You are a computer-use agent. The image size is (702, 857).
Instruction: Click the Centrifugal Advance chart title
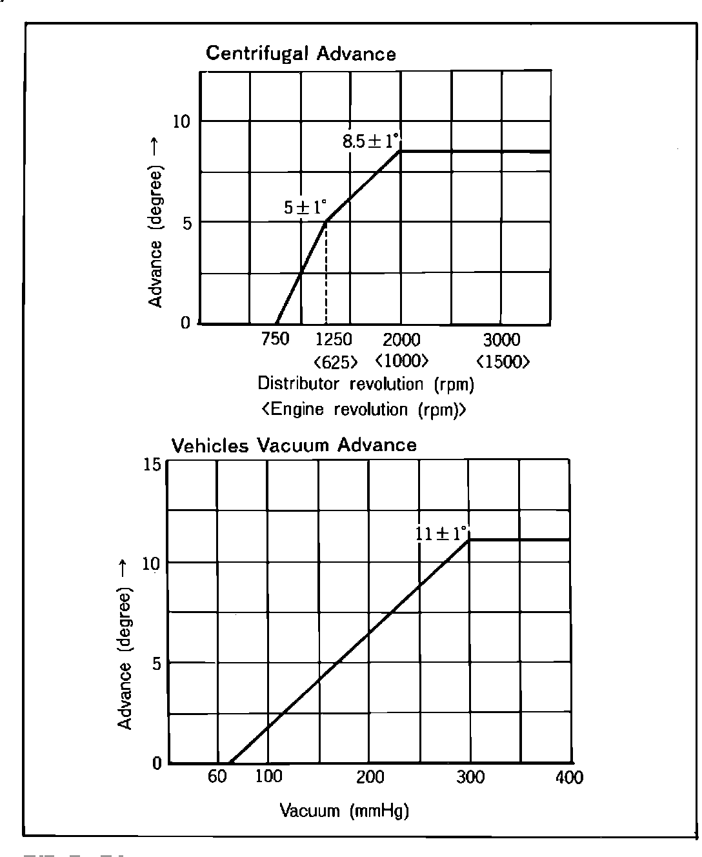pyautogui.click(x=301, y=54)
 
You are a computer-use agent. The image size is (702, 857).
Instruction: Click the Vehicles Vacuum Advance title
pyautogui.click(x=294, y=445)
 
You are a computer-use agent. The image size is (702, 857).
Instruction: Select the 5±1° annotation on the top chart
pyautogui.click(x=305, y=208)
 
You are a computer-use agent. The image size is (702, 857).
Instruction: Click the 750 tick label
pyautogui.click(x=276, y=339)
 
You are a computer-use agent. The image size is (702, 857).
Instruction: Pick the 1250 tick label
pyautogui.click(x=334, y=339)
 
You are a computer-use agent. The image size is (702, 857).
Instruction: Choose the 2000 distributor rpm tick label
pyautogui.click(x=401, y=339)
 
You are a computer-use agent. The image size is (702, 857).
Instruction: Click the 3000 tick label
pyautogui.click(x=502, y=339)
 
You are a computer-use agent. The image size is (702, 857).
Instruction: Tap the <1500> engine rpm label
pyautogui.click(x=503, y=361)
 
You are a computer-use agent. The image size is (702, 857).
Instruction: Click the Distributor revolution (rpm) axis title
pyautogui.click(x=366, y=384)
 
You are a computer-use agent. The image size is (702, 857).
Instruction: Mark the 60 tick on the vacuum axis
pyautogui.click(x=217, y=777)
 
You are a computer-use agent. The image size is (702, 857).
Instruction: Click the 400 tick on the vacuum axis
pyautogui.click(x=569, y=777)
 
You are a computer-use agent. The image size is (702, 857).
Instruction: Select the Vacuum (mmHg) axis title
pyautogui.click(x=345, y=811)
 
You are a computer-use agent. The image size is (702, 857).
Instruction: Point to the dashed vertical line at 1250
pyautogui.click(x=326, y=274)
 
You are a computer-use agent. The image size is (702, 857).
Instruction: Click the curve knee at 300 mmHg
pyautogui.click(x=469, y=539)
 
